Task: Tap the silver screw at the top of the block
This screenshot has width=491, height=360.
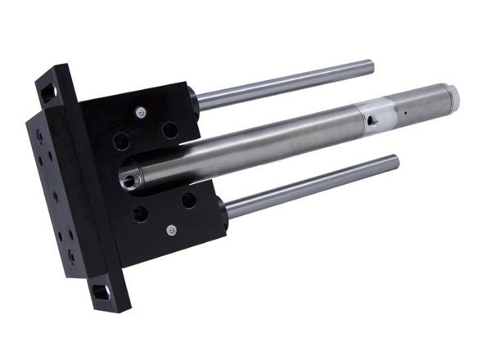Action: [142, 112]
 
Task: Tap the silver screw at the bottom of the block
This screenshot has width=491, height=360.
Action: [171, 231]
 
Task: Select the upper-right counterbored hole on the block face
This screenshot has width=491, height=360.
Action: [169, 129]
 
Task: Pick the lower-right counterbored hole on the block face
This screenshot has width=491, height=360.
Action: [188, 199]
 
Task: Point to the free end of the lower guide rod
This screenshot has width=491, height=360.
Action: [395, 160]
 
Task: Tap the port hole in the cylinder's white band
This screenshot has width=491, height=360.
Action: [372, 123]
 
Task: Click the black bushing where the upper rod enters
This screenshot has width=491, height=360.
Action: [194, 99]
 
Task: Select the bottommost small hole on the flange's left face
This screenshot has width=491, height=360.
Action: [73, 256]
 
